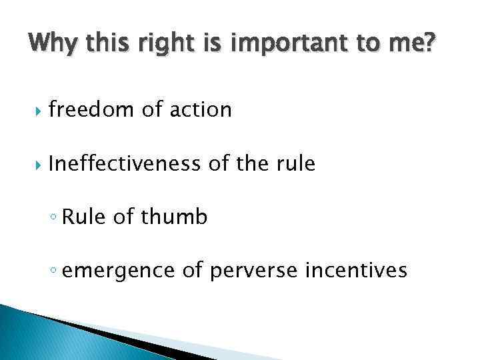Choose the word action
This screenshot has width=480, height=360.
(200, 109)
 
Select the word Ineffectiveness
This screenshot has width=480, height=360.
(125, 163)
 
